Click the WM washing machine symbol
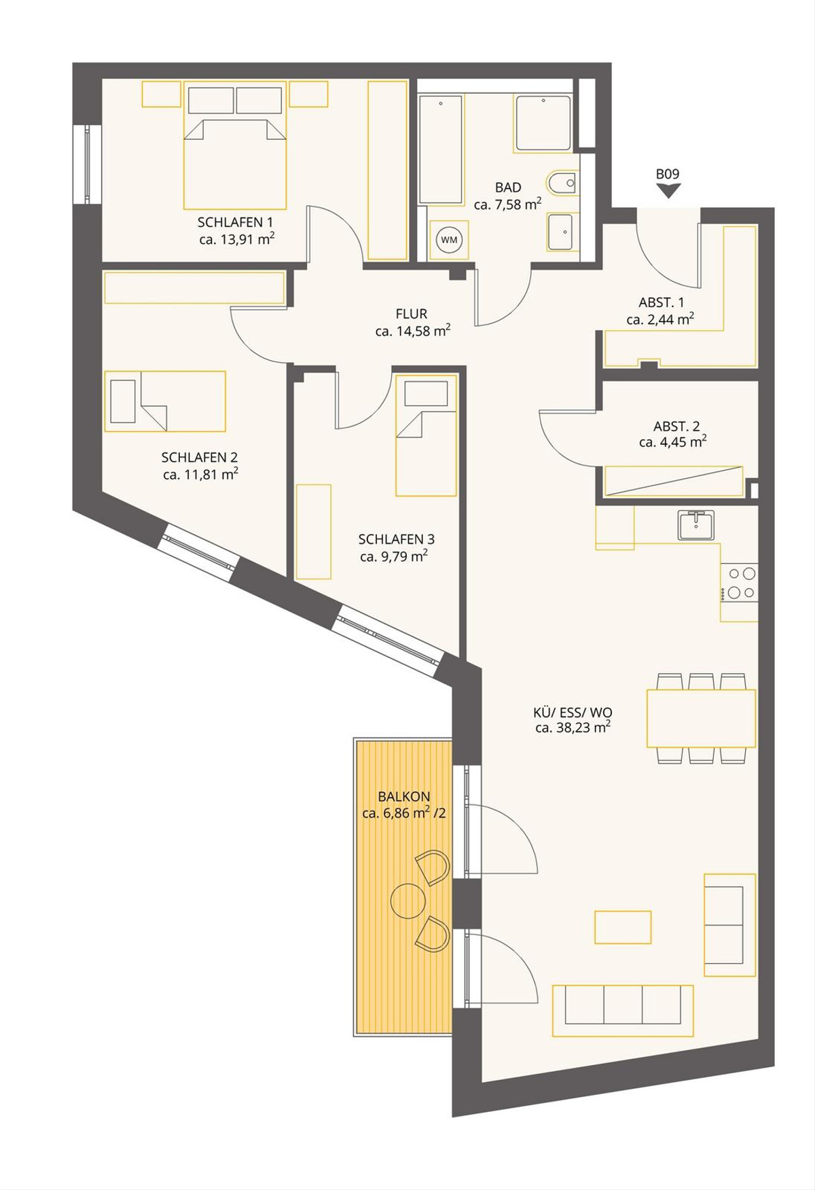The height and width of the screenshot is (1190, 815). (x=449, y=240)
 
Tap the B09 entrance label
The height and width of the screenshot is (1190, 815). (x=668, y=174)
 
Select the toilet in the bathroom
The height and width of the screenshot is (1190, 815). (x=562, y=183)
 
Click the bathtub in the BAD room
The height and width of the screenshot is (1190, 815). (x=441, y=149)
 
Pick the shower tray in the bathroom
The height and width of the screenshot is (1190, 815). (x=543, y=123)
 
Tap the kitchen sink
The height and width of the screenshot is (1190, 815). (x=695, y=525)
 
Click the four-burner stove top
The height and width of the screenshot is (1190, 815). (x=740, y=583)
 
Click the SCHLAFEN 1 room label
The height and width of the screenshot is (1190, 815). (x=235, y=222)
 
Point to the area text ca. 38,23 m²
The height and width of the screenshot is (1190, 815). (x=573, y=727)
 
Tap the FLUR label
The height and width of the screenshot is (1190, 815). (x=412, y=314)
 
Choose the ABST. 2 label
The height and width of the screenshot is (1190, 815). (x=676, y=427)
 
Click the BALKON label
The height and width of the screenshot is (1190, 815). (x=404, y=796)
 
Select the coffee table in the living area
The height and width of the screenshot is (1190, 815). (x=623, y=927)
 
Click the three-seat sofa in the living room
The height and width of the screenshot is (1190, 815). (x=623, y=1011)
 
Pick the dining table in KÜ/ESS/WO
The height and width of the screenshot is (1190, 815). (x=701, y=718)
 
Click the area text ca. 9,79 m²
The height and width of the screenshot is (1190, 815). (x=394, y=556)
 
